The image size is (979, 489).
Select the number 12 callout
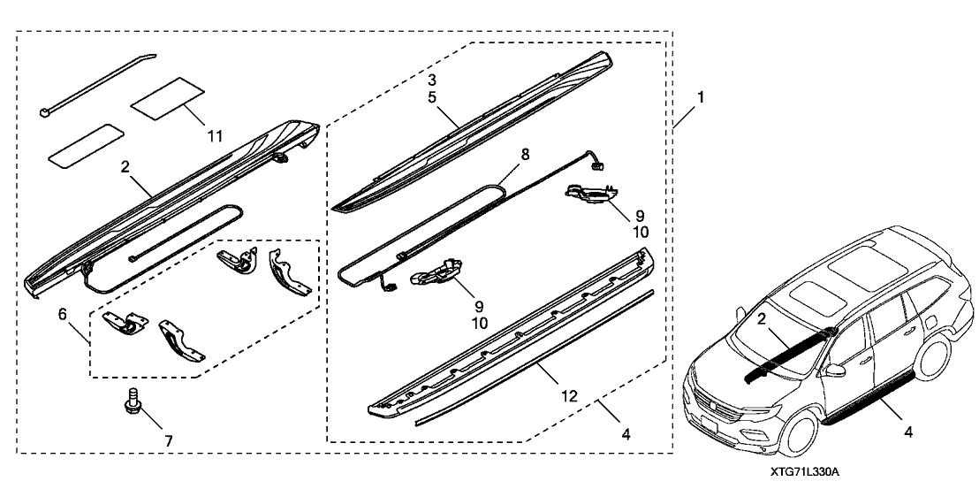(569, 397)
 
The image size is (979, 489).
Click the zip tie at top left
(97, 83)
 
